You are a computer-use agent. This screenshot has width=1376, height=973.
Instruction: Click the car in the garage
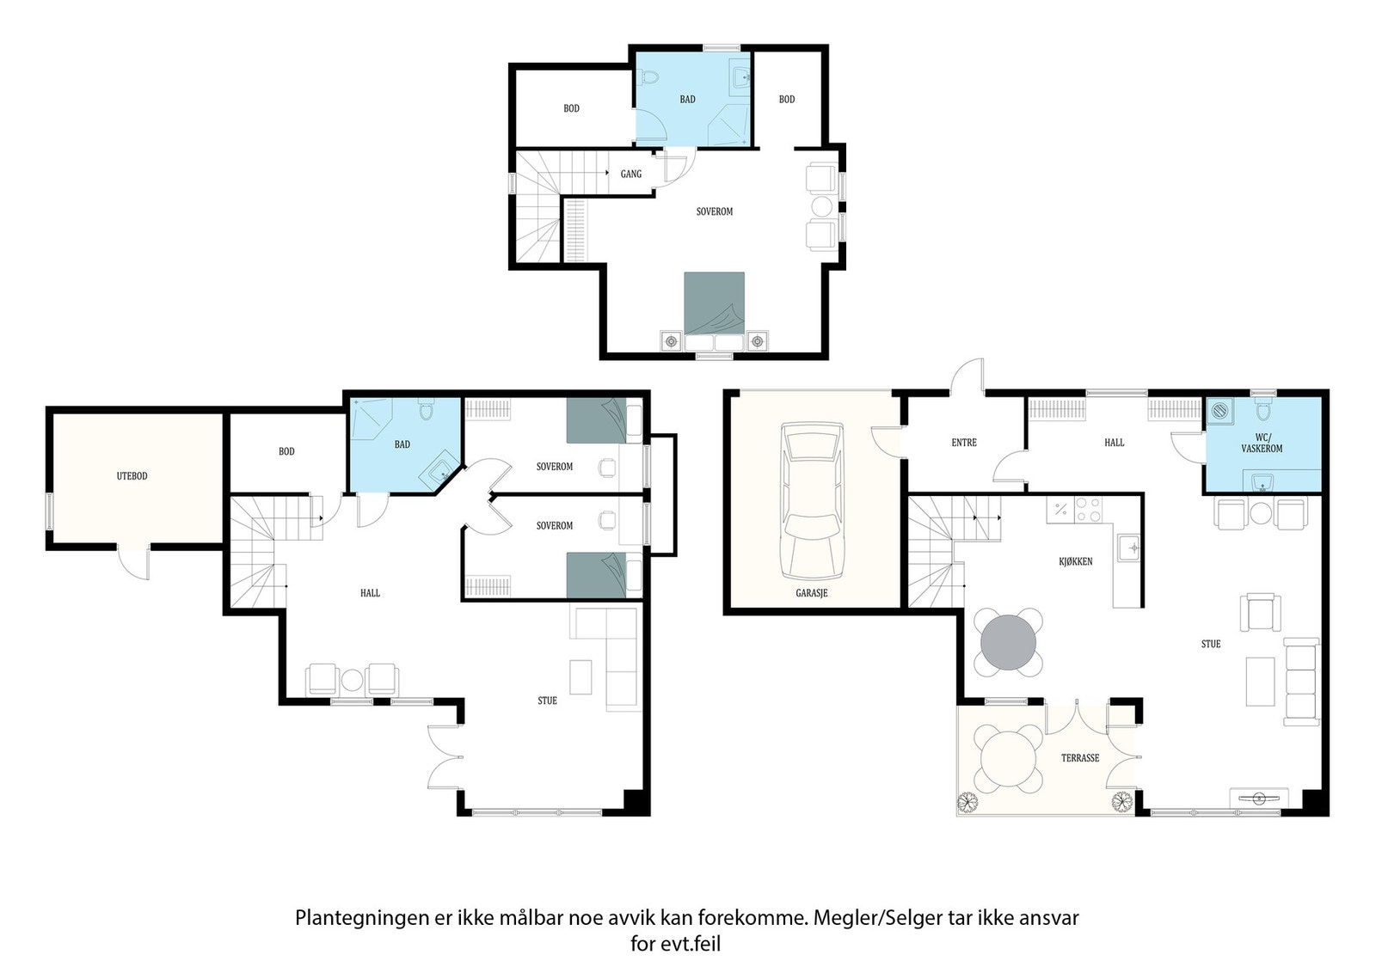[812, 500]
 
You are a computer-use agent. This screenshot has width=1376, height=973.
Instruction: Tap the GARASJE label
[812, 593]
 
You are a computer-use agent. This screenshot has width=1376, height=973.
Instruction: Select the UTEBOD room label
[132, 476]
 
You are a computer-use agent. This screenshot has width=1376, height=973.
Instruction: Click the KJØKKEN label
[1076, 561]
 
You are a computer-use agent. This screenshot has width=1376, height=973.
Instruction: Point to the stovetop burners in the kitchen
[1088, 510]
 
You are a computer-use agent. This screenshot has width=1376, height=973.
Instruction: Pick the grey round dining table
[1008, 643]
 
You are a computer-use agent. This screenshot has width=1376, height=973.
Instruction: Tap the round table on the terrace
[1008, 759]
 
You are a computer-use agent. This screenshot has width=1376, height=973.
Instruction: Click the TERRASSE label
[1080, 758]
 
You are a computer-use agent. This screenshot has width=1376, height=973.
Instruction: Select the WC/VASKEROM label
[1262, 444]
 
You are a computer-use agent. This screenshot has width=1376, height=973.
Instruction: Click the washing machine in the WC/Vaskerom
[1219, 412]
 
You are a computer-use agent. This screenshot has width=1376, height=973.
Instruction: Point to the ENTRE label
[964, 442]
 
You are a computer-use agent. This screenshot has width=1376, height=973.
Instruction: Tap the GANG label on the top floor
[631, 174]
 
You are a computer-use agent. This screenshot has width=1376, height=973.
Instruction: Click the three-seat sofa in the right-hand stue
[1301, 682]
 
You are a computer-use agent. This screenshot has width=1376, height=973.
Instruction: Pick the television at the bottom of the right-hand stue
[1257, 798]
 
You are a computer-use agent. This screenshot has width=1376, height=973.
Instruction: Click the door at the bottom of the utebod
[134, 562]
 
